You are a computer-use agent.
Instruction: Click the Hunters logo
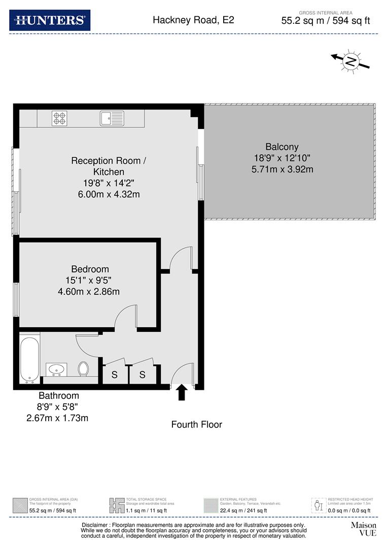click(x=50, y=20)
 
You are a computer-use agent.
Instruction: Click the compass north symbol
click(x=350, y=61)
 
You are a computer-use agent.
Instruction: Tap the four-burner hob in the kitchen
click(x=59, y=119)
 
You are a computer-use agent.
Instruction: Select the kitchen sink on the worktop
click(x=112, y=118)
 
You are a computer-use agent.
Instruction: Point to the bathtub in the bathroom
click(x=30, y=357)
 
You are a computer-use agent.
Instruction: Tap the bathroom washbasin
click(x=55, y=369)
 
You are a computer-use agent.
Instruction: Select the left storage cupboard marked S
click(x=115, y=375)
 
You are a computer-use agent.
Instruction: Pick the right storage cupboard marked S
click(x=143, y=375)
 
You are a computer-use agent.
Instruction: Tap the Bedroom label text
click(x=90, y=269)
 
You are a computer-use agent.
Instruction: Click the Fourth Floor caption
click(x=196, y=424)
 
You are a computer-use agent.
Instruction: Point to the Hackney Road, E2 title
click(x=193, y=20)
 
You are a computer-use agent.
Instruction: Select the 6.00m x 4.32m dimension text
click(x=108, y=194)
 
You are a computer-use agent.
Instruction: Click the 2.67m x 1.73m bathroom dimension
click(x=57, y=418)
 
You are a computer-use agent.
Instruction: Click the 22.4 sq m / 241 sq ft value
click(x=243, y=510)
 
